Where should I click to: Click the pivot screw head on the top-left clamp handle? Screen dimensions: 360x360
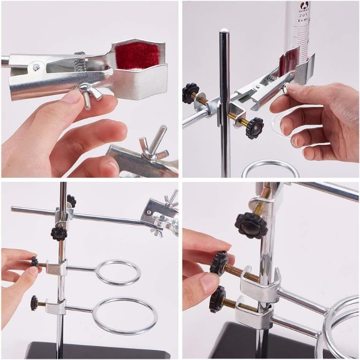[x=36, y=67]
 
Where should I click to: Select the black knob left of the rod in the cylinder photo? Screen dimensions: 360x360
[x=190, y=93]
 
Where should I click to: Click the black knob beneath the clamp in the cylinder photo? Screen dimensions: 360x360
[x=255, y=127]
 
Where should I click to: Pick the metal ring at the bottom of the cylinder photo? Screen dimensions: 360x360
[x=270, y=170]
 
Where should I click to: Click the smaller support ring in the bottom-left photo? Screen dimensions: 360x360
[x=118, y=272]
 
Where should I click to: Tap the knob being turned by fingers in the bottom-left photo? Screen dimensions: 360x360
[x=35, y=262]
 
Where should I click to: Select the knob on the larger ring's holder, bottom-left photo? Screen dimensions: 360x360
[x=34, y=302]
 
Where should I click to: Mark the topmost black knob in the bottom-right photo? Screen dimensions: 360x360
[x=251, y=225]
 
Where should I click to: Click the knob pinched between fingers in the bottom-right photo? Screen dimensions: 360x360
[x=220, y=263]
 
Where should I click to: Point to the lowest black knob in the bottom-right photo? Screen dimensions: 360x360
[x=217, y=299]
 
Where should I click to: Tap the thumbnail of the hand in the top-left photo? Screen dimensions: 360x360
[x=72, y=96]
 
